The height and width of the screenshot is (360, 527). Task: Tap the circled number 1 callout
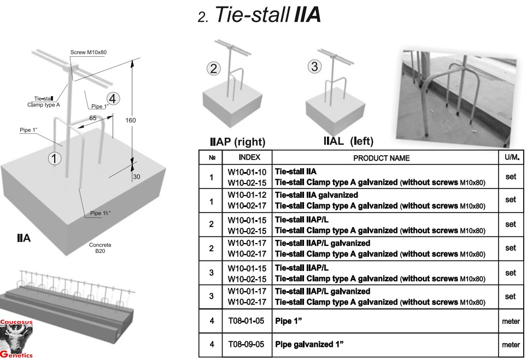[x=54, y=158]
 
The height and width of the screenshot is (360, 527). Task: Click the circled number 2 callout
[x=214, y=69]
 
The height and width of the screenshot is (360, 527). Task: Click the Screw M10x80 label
[x=89, y=52]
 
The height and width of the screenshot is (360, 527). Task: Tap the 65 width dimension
[x=93, y=117]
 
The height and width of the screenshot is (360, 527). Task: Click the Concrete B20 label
[x=100, y=249]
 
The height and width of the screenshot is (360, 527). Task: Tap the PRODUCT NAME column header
[x=381, y=158]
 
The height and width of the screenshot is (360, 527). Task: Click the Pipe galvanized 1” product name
[x=311, y=345]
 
